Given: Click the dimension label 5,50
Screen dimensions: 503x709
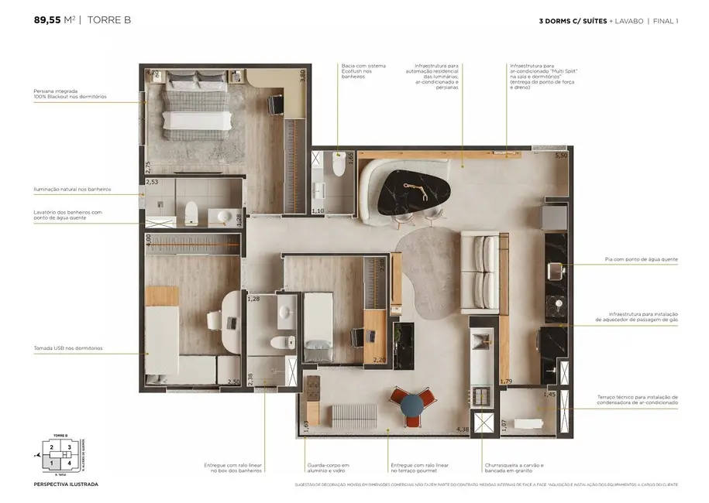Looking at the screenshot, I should pos(560,156).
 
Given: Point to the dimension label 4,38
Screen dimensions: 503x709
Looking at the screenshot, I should pos(463,429).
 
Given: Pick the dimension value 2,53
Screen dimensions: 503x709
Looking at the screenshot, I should pos(152,183).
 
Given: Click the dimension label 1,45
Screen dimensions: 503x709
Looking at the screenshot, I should pos(549,395).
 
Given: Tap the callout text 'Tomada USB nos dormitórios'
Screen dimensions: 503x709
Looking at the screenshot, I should pos(68,348).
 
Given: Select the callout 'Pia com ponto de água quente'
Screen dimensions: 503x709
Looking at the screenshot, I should pos(641,259).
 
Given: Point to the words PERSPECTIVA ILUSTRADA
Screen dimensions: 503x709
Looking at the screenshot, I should pos(66,484).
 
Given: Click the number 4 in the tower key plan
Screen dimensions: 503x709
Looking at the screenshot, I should pos(69,463).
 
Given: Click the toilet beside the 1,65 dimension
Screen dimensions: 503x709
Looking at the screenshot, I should pos(338,165).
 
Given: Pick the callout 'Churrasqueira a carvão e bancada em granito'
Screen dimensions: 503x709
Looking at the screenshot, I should pos(513,467).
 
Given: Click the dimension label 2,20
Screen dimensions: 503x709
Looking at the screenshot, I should pos(379,360).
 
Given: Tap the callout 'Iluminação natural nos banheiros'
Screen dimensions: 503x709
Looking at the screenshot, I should pos(72,189).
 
